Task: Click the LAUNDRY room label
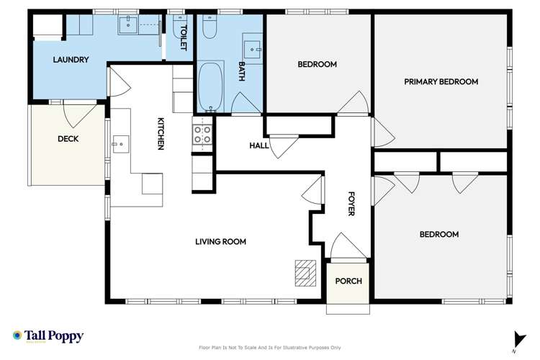click(x=71, y=60)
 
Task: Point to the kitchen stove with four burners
click(x=202, y=133)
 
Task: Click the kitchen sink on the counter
click(x=119, y=145)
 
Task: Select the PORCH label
click(x=348, y=281)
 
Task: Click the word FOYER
click(x=351, y=204)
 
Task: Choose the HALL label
click(x=258, y=145)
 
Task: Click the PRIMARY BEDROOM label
click(x=441, y=81)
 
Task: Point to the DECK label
click(x=68, y=139)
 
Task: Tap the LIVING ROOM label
click(x=220, y=242)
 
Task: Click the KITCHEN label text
click(x=161, y=134)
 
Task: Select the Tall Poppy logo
click(x=48, y=336)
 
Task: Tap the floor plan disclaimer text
click(x=270, y=347)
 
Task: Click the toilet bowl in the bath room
click(x=210, y=28)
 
